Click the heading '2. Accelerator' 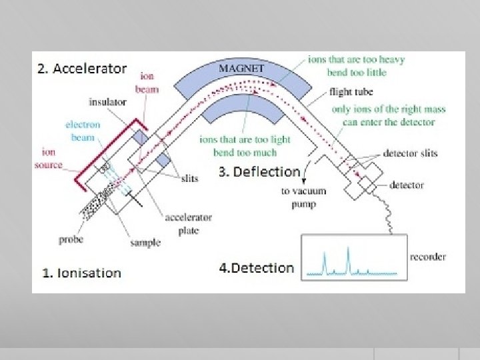tap(82, 68)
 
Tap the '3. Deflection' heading tap(259, 171)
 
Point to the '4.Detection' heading tap(256, 267)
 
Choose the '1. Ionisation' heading tap(81, 272)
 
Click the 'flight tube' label tap(351, 91)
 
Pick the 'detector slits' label tap(410, 153)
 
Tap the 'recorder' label tap(427, 257)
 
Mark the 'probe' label tap(71, 239)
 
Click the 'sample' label tap(145, 242)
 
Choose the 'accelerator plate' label tap(189, 223)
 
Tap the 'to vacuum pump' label tap(303, 197)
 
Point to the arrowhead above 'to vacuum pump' tap(304, 180)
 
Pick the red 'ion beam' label tap(147, 83)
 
